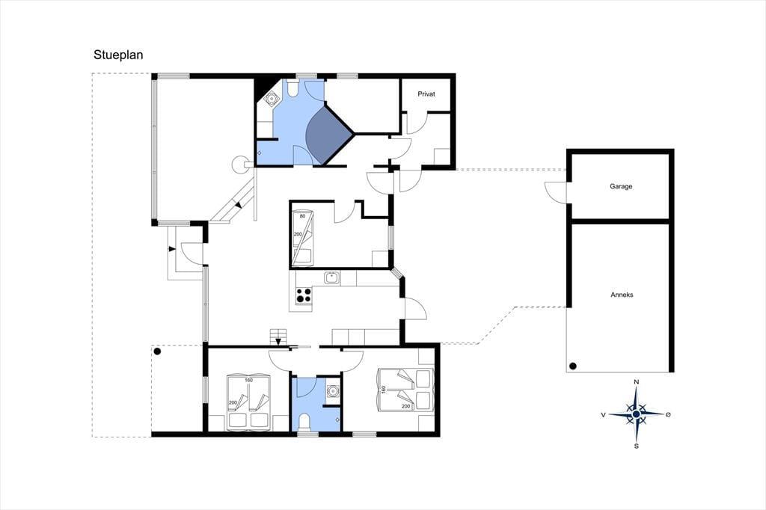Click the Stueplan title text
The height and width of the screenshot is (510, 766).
click(118, 55)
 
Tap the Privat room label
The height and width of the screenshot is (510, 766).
click(426, 93)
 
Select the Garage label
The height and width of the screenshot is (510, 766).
click(620, 186)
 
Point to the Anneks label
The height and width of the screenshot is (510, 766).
click(622, 295)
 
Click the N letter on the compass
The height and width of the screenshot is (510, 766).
click(636, 381)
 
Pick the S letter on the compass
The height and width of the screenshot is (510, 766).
click(636, 446)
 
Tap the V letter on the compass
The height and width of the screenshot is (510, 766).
click(604, 415)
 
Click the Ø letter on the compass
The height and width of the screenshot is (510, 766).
click(668, 414)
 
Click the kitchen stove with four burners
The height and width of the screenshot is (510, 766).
click(304, 295)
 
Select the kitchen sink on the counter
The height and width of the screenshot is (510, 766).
click(333, 277)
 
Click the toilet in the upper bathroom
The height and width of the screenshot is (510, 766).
click(292, 88)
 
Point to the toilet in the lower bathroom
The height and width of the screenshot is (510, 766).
click(304, 422)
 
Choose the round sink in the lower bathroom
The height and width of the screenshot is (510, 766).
click(333, 391)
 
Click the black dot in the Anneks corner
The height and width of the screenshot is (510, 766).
click(572, 366)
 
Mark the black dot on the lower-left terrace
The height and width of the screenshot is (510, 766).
click(157, 351)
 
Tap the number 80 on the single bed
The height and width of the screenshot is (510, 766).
click(302, 216)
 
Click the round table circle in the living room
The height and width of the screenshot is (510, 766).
click(240, 164)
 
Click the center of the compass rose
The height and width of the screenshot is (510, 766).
click(636, 414)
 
